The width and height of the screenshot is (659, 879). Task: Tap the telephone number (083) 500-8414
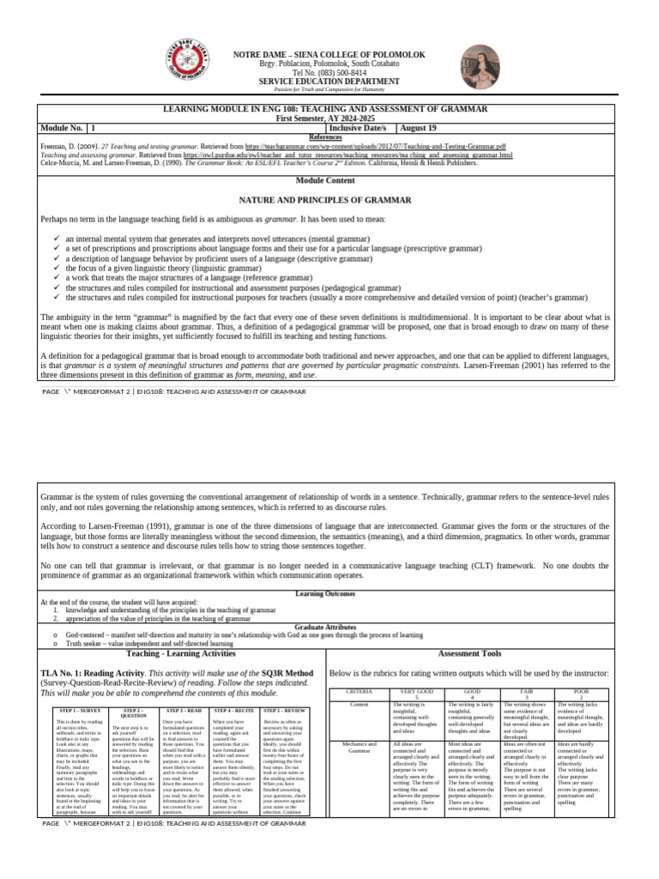(329, 73)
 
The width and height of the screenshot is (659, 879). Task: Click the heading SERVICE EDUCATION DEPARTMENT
(329, 82)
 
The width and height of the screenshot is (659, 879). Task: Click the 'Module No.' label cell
(63, 128)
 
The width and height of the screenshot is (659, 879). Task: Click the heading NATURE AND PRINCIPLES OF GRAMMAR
(329, 198)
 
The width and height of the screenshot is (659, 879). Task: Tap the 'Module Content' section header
(329, 180)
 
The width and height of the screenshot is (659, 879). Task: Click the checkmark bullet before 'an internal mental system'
(57, 238)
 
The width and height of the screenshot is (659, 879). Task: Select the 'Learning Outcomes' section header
(329, 594)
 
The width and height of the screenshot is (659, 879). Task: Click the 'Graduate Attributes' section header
(329, 627)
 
